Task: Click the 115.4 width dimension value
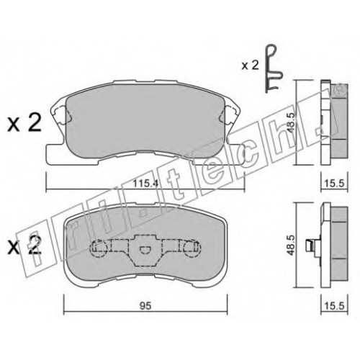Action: pos(145,184)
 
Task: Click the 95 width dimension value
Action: pos(145,306)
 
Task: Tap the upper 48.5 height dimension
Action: pos(291,122)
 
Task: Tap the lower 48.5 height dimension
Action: pos(291,245)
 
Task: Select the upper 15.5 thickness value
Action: pos(335,184)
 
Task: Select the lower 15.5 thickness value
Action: pos(335,306)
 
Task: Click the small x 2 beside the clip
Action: pos(250,66)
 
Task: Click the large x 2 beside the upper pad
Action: pos(24,124)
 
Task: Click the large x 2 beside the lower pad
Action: pos(24,246)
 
